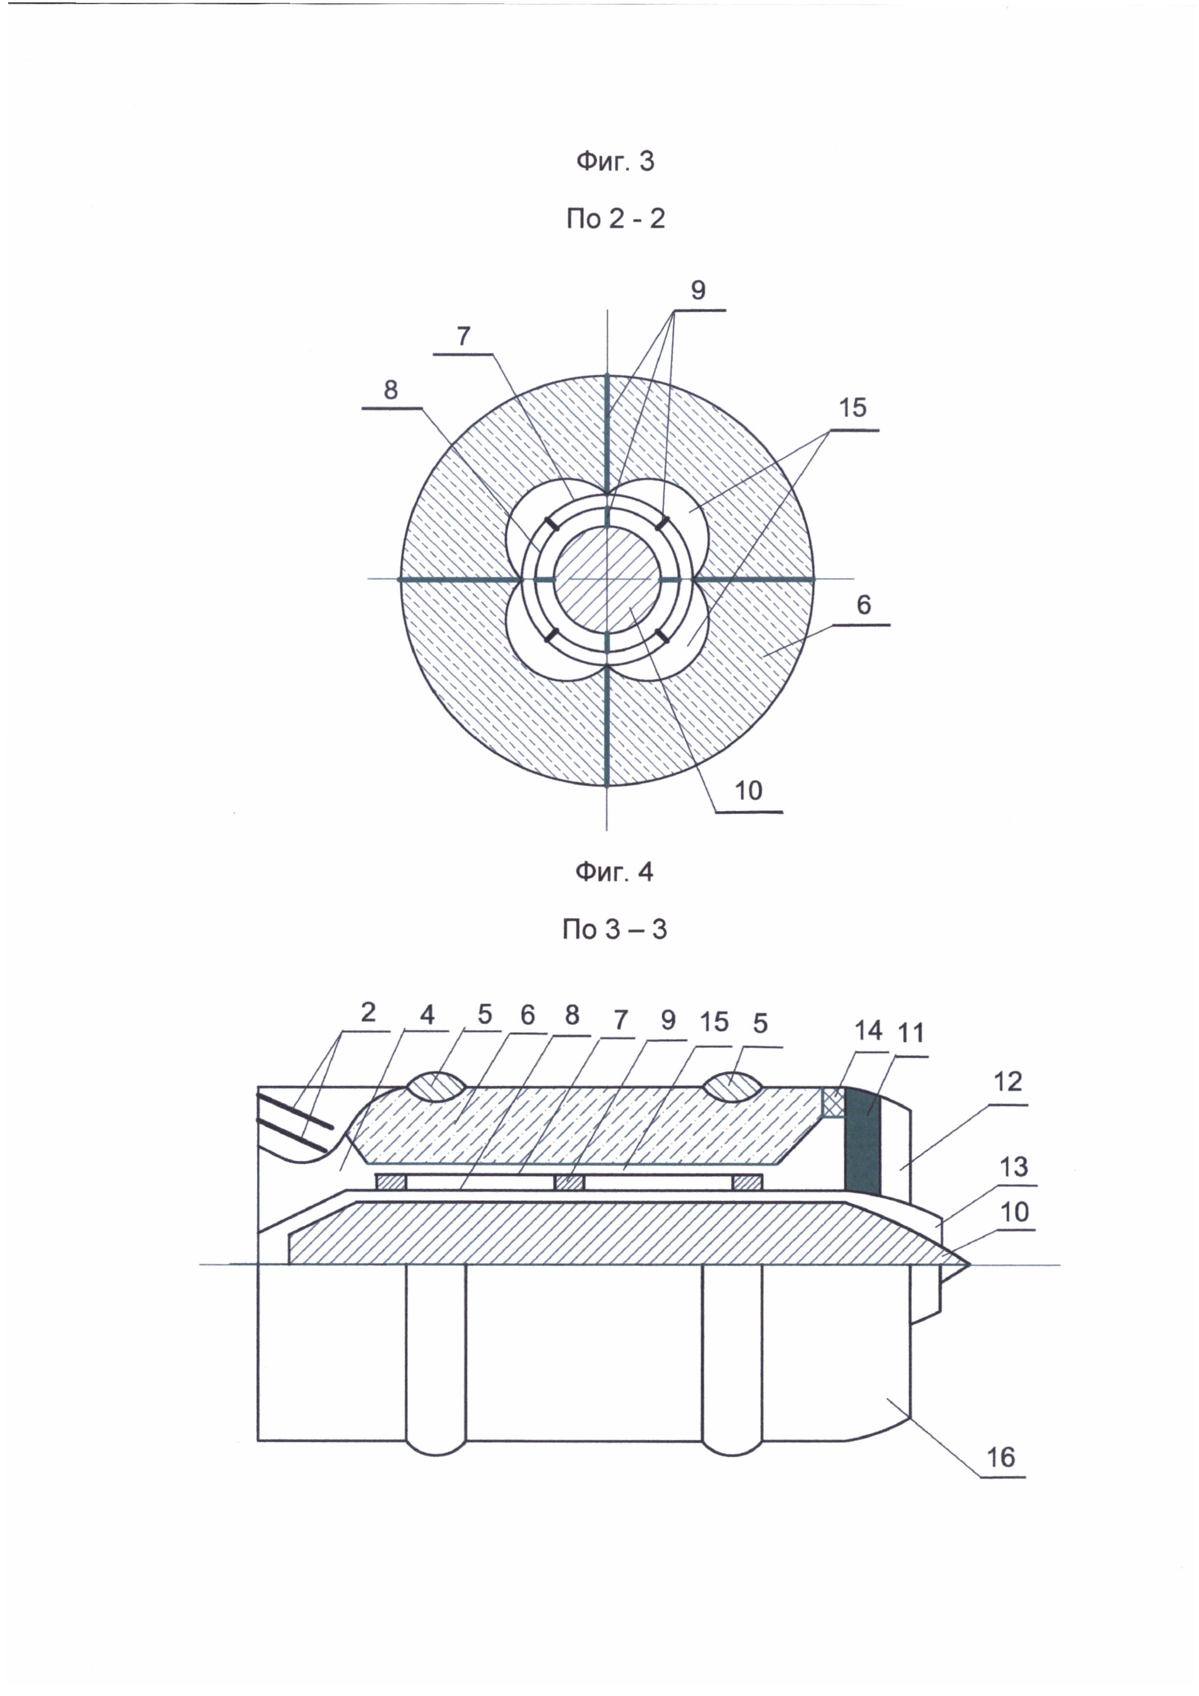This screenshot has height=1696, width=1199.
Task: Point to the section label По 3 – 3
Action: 614,929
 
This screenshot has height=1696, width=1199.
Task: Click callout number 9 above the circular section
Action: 698,290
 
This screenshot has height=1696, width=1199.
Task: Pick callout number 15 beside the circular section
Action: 853,407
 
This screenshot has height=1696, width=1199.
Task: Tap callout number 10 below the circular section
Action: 748,790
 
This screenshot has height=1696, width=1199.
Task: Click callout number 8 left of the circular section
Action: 391,389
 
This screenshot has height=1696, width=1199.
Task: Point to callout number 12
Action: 1008,1082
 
